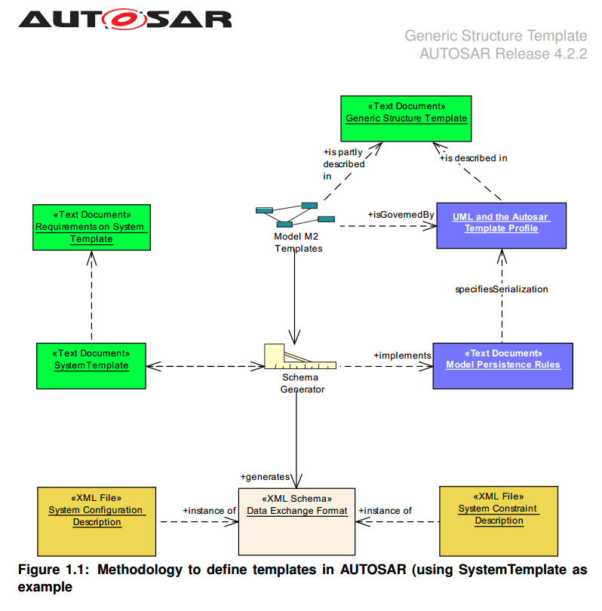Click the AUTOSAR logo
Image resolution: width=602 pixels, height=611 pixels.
click(125, 18)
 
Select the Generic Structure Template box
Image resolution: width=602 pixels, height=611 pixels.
click(406, 118)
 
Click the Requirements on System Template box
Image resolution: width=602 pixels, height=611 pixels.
click(91, 227)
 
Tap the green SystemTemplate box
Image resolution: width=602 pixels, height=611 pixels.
click(91, 365)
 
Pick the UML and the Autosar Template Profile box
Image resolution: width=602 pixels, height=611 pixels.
click(501, 225)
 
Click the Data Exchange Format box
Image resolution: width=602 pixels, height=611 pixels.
click(296, 521)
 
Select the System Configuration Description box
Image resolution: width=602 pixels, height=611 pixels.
click(97, 521)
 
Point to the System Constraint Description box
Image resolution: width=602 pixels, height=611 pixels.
click(499, 520)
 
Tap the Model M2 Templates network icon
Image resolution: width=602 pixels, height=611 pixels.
click(295, 215)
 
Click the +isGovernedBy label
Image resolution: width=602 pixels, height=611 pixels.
click(401, 215)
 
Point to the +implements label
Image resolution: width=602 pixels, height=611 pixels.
click(402, 355)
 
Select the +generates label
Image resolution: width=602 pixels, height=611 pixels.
click(265, 476)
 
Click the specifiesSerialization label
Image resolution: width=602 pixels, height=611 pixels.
click(502, 289)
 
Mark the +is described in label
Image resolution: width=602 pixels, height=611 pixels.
click(473, 158)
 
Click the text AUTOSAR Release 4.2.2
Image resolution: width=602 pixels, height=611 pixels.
click(502, 53)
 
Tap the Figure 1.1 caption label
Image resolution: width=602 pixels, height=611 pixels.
click(302, 577)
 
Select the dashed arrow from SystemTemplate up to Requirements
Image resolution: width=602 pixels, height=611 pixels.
click(91, 298)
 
